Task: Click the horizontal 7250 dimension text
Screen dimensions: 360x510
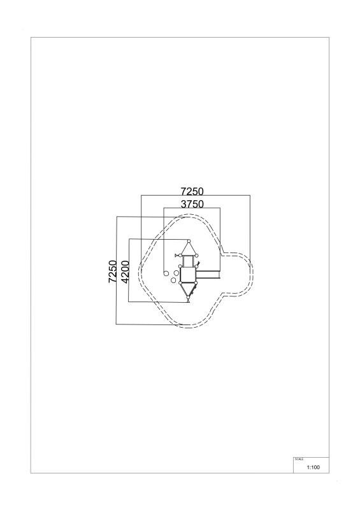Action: pos(192,191)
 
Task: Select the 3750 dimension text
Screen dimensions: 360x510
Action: pos(192,204)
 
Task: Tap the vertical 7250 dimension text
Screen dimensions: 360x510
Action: pos(113,272)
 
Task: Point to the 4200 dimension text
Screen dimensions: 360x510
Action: pos(125,272)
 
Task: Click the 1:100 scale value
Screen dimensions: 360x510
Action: pos(313,467)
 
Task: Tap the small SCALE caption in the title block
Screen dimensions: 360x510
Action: pos(299,459)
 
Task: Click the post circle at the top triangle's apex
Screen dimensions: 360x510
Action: pos(189,241)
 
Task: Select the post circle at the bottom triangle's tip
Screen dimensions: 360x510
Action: pos(189,298)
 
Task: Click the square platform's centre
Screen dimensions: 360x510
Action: pos(188,274)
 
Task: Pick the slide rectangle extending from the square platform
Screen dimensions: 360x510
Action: pos(208,275)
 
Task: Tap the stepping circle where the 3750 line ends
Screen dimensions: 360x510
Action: pos(166,273)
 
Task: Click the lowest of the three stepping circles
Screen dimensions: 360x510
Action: pos(173,280)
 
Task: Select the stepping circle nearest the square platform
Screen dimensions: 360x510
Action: pos(176,273)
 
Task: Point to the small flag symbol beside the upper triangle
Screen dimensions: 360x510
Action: pos(177,256)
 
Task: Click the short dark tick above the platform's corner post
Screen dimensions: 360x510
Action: pos(198,263)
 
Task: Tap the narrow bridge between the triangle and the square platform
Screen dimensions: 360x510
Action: pos(189,261)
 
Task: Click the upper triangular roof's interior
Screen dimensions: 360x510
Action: pos(189,250)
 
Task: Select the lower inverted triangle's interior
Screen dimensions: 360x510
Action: pos(189,289)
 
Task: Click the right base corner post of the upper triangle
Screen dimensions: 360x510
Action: pos(196,256)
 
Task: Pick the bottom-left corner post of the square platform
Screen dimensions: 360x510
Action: pos(180,282)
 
